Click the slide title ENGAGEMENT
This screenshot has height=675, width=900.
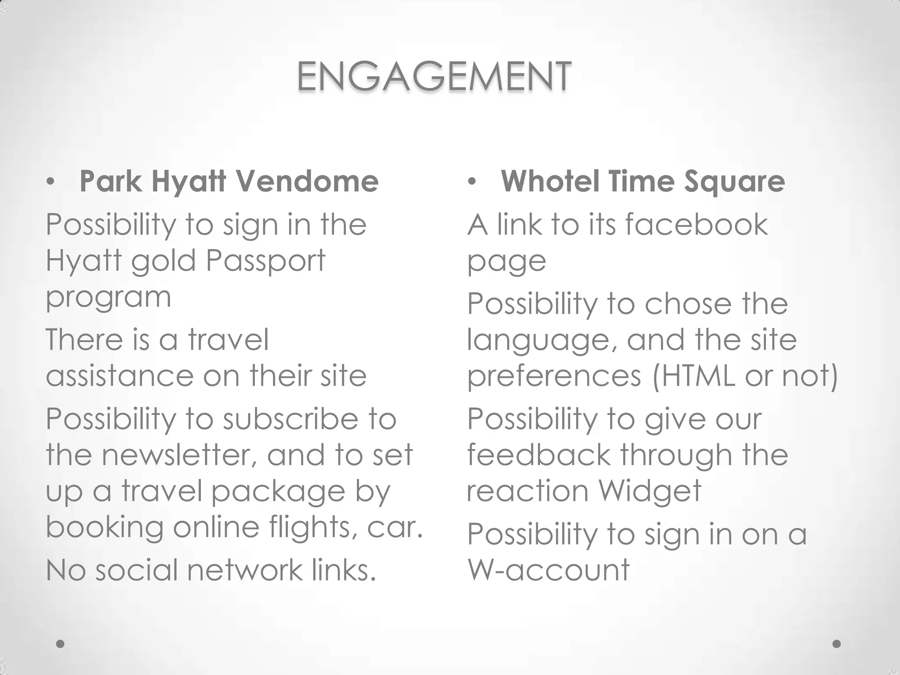pyautogui.click(x=434, y=77)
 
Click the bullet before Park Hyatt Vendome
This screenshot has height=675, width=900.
pyautogui.click(x=51, y=181)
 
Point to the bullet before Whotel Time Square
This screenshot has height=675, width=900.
pyautogui.click(x=472, y=181)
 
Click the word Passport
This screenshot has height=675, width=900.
pyautogui.click(x=265, y=261)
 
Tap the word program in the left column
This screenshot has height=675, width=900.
pyautogui.click(x=108, y=298)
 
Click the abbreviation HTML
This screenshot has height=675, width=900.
pyautogui.click(x=699, y=376)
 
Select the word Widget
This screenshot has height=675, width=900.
pyautogui.click(x=650, y=491)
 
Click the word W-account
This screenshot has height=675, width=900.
pyautogui.click(x=548, y=570)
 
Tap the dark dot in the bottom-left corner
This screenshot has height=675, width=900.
pyautogui.click(x=60, y=644)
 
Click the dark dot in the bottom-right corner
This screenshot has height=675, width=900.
pyautogui.click(x=837, y=644)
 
